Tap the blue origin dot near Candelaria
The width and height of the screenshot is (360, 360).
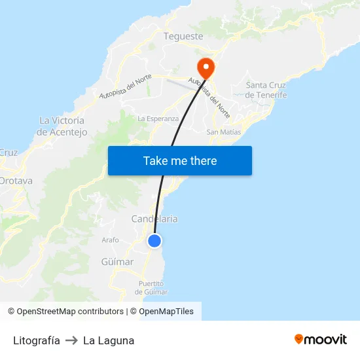[154, 241]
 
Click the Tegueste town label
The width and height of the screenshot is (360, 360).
[183, 37]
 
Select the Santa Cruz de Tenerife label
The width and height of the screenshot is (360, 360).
[266, 90]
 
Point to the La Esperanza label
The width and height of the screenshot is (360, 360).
[158, 118]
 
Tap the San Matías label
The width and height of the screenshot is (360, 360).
[224, 132]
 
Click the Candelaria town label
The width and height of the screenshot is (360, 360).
[154, 219]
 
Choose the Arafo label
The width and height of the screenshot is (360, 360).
[110, 240]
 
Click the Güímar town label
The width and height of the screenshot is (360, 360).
[117, 262]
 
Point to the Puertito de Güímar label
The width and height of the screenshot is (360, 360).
[153, 287]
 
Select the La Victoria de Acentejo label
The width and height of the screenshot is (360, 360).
[62, 126]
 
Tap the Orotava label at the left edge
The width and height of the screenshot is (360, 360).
[12, 181]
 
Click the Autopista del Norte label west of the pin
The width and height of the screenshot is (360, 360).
[125, 86]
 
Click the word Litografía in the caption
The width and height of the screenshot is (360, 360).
[37, 340]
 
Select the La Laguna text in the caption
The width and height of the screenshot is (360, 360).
[109, 340]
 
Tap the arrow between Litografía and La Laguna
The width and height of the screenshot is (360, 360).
[71, 340]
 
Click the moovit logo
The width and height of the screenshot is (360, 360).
[321, 339]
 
